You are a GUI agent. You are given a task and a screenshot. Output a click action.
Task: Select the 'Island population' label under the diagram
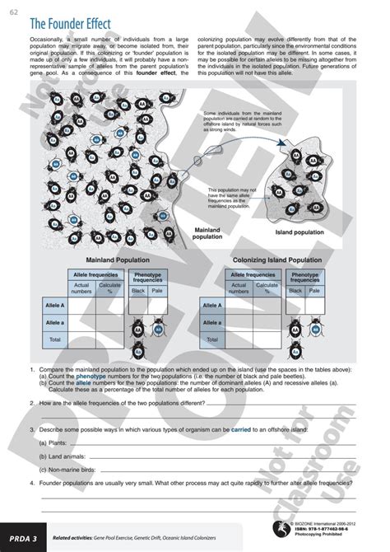click(314, 232)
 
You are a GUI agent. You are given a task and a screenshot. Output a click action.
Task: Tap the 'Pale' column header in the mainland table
click(157, 291)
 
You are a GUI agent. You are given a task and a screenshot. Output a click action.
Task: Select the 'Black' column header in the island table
click(296, 291)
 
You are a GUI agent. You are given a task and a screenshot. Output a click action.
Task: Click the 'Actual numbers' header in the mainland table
click(81, 288)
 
